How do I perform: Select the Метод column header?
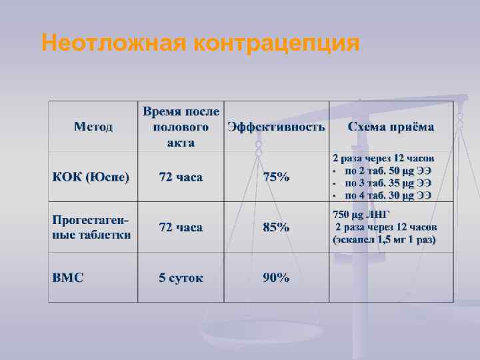click(93, 127)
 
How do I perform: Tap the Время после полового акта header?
click(181, 127)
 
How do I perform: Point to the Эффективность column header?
click(276, 127)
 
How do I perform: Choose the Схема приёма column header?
click(391, 127)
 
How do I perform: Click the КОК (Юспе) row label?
click(91, 177)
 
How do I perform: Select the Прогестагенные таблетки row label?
click(91, 227)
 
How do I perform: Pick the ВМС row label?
click(68, 277)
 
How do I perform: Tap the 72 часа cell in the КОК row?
click(181, 177)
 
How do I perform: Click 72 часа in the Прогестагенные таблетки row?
click(181, 227)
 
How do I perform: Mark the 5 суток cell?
click(181, 277)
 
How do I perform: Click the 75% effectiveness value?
click(276, 177)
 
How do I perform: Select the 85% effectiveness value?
click(276, 227)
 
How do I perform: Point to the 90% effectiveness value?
click(276, 277)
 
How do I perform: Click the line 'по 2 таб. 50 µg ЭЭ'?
click(387, 171)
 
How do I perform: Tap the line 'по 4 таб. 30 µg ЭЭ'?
click(387, 195)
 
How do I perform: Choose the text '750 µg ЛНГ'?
click(359, 215)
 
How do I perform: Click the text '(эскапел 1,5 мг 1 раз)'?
click(385, 239)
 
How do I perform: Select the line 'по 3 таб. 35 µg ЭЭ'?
click(387, 183)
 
